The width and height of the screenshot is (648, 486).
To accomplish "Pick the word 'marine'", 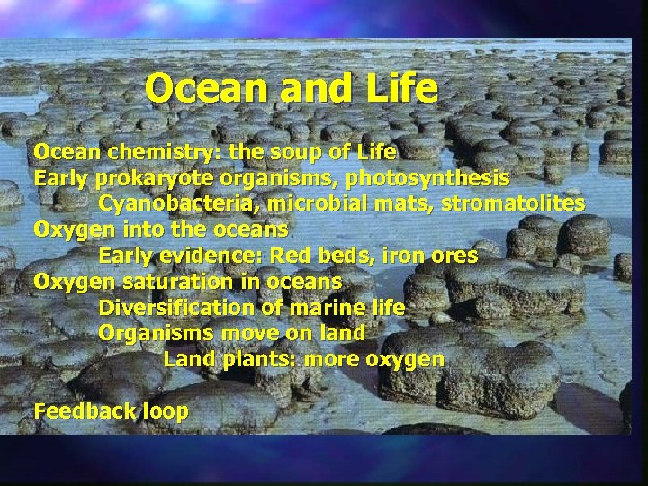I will coord(344,308).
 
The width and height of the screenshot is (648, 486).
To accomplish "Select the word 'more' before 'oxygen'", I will coord(333,359).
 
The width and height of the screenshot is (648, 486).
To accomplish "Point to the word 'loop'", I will coord(166,412).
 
